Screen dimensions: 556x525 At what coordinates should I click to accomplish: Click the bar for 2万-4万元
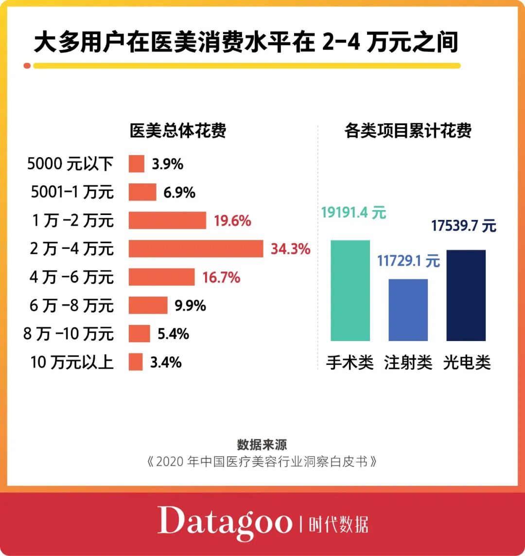coord(195,249)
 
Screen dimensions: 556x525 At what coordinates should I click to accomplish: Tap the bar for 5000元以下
coord(137,164)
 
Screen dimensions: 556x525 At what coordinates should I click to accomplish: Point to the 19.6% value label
coord(232,221)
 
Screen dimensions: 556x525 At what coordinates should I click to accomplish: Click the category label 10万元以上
coord(72,362)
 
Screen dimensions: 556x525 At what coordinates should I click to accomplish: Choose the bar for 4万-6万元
coord(161,277)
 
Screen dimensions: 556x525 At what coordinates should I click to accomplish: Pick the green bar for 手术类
coord(350,290)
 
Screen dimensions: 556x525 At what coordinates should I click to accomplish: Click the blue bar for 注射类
coord(408,310)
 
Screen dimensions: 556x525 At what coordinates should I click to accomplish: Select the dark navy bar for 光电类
coord(466,295)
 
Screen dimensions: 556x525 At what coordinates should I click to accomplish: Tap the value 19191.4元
coord(353,213)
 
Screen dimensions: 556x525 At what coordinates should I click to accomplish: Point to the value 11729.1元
coord(408,261)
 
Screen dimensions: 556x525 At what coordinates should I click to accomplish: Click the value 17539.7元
coord(464,226)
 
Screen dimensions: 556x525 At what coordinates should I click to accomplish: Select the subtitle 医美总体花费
coord(178,131)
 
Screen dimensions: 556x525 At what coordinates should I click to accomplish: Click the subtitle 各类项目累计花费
coord(408,131)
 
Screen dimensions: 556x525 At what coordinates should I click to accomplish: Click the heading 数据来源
coord(262,444)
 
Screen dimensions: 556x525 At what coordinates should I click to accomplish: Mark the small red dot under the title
coord(27,66)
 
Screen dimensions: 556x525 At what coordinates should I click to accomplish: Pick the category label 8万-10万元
coord(69,334)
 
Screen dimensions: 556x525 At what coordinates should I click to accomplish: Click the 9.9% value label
coord(190,305)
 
